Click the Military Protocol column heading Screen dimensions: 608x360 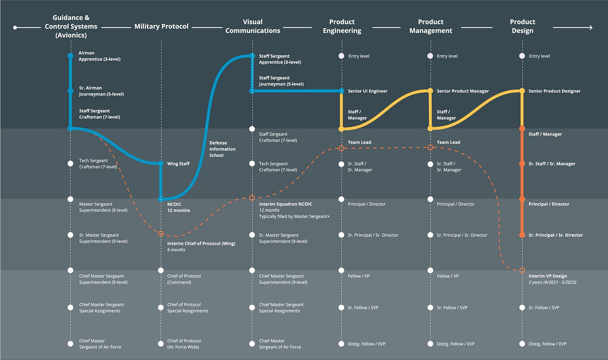coord(161,26)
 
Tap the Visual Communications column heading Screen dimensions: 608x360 coord(253,26)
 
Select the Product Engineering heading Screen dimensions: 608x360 coord(342,26)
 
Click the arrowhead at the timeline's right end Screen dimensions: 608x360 coord(590,27)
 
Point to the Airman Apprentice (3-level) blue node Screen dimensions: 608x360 coord(70,56)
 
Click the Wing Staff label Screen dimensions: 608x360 coord(178,164)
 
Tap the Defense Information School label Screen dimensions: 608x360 coord(222,149)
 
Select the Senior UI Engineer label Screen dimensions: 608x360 coord(367,91)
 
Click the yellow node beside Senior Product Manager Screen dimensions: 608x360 coord(430,91)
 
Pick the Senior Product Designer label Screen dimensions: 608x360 coord(555,91)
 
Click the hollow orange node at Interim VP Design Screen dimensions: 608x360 coord(522,270)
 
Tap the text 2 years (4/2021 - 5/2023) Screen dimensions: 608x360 coord(552,282)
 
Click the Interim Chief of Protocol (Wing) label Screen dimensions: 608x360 coord(201,244)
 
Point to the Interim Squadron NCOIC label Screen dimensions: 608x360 coord(286,204)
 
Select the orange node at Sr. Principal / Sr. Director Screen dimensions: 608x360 coord(522,235)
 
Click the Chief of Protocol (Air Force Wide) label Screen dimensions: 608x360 coord(184,343)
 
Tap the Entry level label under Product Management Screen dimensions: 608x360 coord(447,56)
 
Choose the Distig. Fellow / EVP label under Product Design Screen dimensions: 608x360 coord(548,343)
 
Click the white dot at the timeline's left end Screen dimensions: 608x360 coord(15,27)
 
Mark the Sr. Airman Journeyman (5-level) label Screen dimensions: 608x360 coord(101,91)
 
